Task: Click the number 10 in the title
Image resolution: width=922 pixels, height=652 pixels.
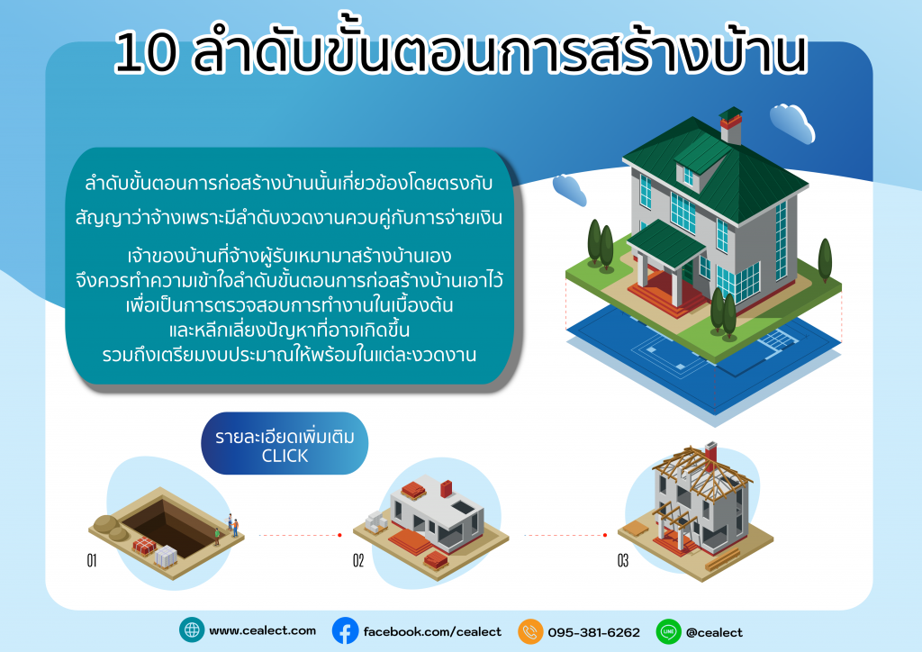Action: (145, 53)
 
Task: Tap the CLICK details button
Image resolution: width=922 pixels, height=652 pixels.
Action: (285, 443)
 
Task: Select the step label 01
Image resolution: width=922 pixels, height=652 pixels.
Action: (92, 561)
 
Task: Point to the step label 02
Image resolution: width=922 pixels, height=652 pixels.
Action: (358, 561)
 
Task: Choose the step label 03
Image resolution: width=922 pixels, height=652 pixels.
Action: (623, 561)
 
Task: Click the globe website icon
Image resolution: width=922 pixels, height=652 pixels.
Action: (192, 630)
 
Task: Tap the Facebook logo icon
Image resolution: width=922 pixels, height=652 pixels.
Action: (345, 630)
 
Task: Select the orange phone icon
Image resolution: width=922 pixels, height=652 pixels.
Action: (530, 631)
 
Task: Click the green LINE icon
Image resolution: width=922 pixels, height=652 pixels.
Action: (669, 631)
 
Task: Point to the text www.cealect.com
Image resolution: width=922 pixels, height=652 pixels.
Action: (262, 630)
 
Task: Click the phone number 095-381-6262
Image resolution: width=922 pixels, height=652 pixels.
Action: (594, 632)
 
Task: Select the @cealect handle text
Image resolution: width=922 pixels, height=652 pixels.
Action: (714, 632)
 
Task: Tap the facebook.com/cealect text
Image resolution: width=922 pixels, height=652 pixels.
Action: (432, 632)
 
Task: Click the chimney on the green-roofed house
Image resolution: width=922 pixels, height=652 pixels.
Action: (731, 125)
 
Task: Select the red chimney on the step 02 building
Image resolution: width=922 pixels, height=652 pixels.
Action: (447, 488)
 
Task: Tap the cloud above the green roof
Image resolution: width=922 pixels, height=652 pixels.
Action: (792, 122)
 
